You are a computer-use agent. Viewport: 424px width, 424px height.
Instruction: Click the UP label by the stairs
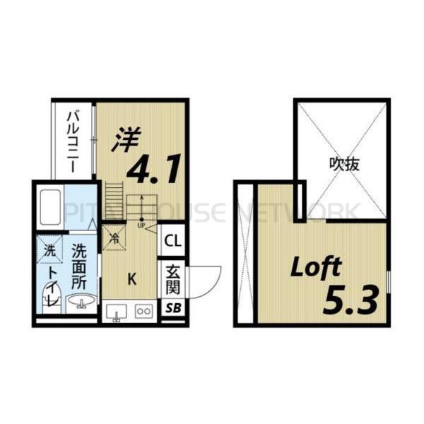click(141, 225)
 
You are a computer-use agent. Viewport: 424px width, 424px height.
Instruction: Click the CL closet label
click(172, 240)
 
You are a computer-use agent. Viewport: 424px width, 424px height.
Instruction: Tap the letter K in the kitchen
click(131, 278)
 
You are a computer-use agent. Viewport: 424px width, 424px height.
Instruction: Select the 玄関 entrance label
click(172, 279)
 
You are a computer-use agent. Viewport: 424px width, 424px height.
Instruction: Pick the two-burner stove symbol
click(144, 310)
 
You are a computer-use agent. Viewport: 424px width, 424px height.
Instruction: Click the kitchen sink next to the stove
click(117, 311)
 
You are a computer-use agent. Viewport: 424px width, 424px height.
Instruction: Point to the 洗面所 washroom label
click(79, 265)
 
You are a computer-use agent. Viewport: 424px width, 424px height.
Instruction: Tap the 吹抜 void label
click(344, 164)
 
